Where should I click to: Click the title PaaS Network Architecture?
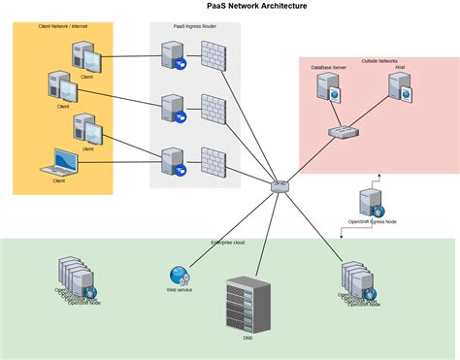[x=230, y=6]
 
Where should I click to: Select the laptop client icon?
[x=63, y=160]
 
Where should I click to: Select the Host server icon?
[x=401, y=90]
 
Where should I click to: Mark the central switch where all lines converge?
[x=280, y=183]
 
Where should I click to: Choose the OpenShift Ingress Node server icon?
[x=371, y=202]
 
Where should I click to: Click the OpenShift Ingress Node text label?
[x=372, y=222]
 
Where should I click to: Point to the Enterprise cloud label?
[x=228, y=243]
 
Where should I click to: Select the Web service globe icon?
[x=179, y=276]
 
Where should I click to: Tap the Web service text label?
[x=180, y=290]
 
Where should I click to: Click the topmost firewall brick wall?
[x=213, y=56]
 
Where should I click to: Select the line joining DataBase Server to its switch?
[x=334, y=114]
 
